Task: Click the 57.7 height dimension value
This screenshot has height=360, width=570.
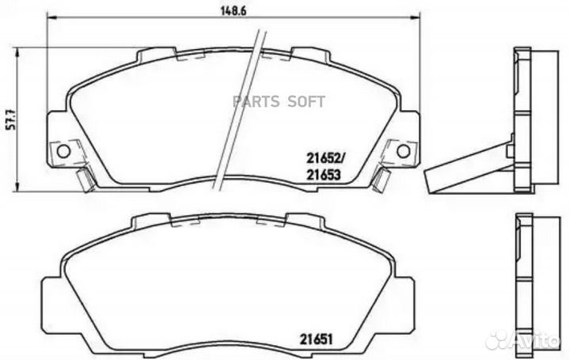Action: pyautogui.click(x=9, y=118)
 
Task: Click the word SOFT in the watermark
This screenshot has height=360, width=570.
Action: pyautogui.click(x=310, y=100)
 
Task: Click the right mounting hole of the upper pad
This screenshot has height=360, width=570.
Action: pyautogui.click(x=403, y=150)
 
